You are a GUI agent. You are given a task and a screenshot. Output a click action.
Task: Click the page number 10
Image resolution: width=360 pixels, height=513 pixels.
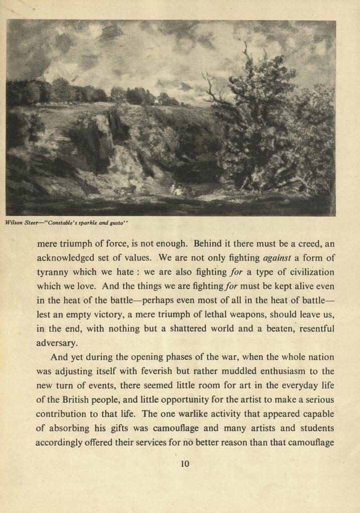[x=185, y=464]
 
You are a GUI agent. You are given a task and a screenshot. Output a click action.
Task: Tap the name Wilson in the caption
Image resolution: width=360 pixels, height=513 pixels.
[x=14, y=223]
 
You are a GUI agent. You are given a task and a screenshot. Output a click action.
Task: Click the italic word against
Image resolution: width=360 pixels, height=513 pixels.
[x=278, y=259]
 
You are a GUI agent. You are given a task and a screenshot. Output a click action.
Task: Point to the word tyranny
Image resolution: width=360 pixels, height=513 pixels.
[x=54, y=273]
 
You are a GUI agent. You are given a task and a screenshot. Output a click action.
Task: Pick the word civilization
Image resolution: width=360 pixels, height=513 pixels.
[x=305, y=273]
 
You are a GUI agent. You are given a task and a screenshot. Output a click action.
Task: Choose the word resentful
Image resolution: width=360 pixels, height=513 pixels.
[x=311, y=329]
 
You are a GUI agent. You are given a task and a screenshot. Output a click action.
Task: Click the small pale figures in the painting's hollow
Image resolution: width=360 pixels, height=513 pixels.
[x=176, y=189]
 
